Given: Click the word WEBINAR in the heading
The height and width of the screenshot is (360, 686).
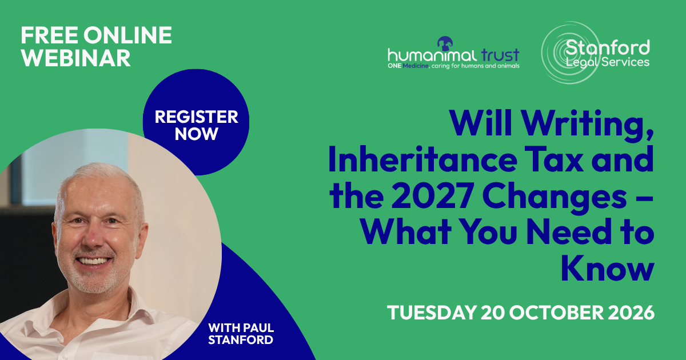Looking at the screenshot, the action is coord(75,58).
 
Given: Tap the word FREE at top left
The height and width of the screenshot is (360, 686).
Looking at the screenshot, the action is coord(49,35).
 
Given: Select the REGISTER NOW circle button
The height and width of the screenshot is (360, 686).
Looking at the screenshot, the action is coord(196,122).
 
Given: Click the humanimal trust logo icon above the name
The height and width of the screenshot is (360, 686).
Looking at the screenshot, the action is coord(445,44).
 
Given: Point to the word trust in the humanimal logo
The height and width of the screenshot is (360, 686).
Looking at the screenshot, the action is coord(500,55).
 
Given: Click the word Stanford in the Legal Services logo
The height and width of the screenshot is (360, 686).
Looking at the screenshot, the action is coord(608,47).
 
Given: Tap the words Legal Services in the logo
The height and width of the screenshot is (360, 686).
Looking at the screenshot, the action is coord(608,62).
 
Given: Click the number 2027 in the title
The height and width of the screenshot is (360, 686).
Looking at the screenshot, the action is coord(432,195).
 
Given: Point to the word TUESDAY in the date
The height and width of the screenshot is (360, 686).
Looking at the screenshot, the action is coord(432,313).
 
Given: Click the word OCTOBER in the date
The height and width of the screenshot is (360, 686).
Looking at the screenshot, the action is coord(550,313).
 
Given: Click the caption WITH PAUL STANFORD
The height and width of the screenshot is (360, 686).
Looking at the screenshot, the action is coord(241,334).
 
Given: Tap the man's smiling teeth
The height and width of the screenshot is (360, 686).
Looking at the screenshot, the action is coord(93,261).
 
